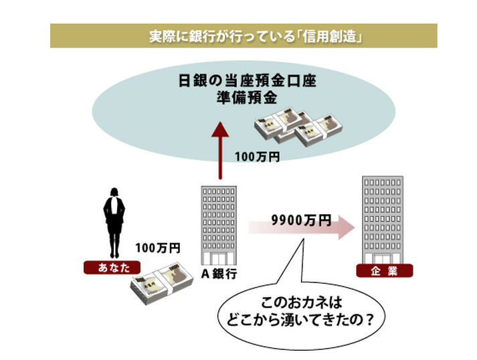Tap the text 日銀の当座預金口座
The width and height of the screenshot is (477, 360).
(x=246, y=82)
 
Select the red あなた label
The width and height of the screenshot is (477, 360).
(x=104, y=268)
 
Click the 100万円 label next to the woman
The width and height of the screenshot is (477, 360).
(x=158, y=248)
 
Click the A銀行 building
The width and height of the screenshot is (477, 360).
(x=219, y=224)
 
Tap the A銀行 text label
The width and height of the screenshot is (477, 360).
(x=219, y=273)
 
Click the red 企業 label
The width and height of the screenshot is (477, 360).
(x=385, y=271)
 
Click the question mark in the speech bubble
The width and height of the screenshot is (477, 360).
(x=369, y=320)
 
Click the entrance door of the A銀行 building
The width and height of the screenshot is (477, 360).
(x=219, y=259)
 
